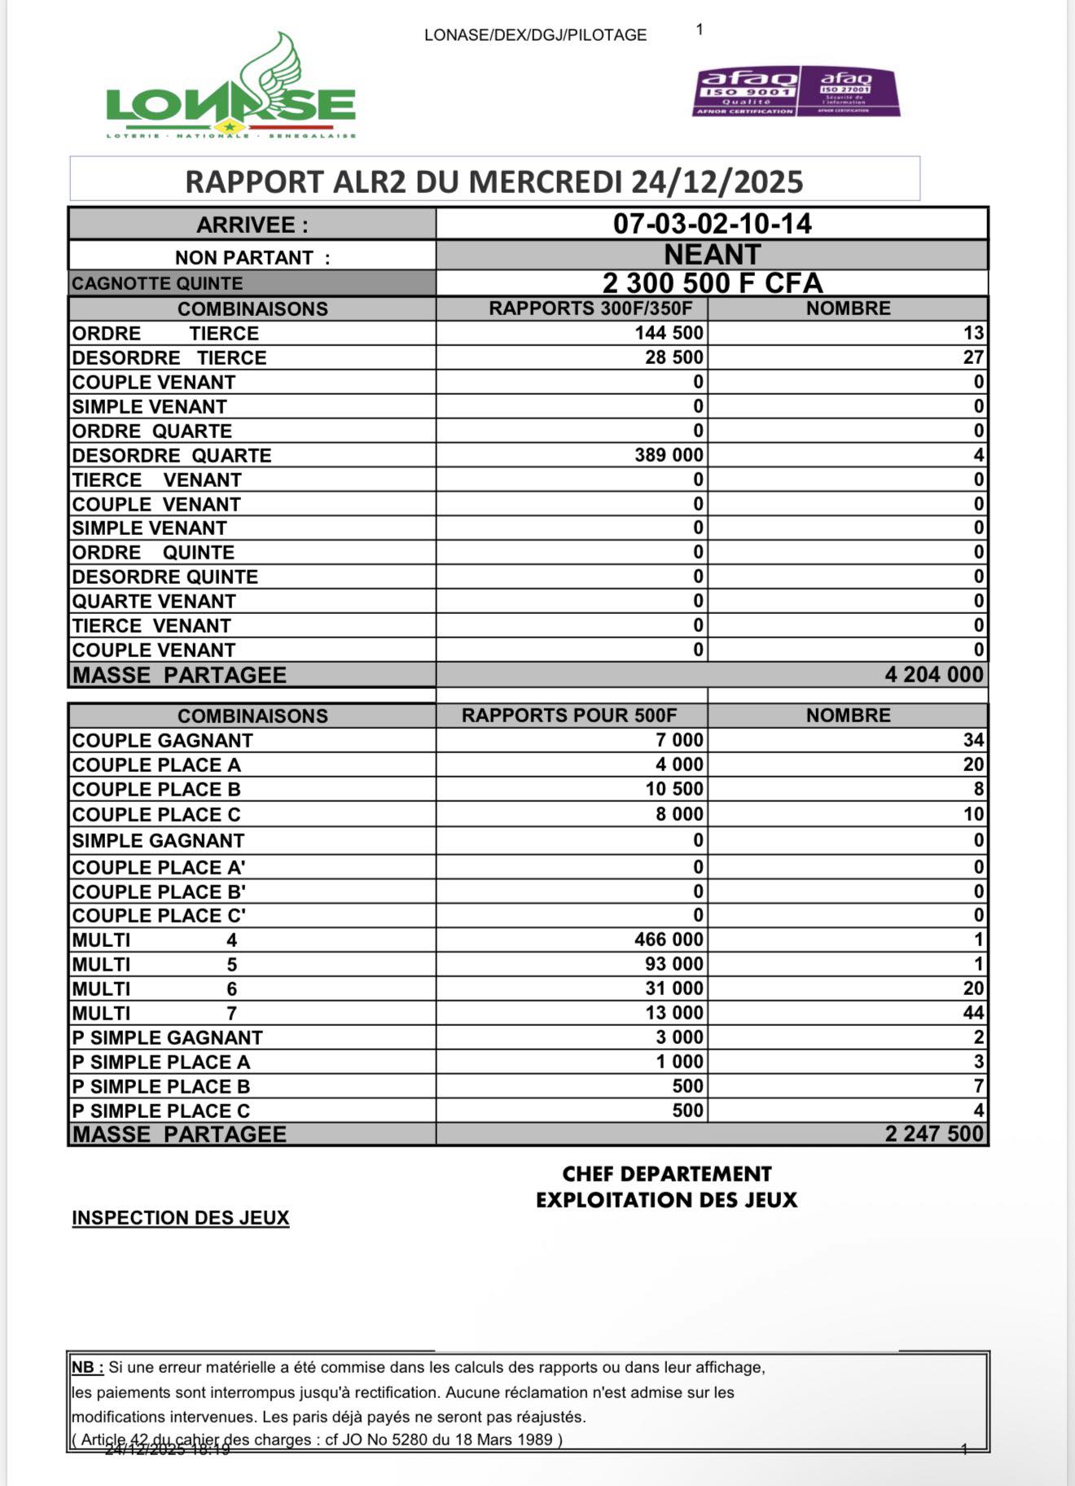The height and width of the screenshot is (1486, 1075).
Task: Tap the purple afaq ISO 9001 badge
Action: click(746, 91)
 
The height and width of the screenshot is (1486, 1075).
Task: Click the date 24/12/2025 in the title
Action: click(717, 182)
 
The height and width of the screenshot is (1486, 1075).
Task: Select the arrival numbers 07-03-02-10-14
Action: click(712, 224)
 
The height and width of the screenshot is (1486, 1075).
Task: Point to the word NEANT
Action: click(712, 255)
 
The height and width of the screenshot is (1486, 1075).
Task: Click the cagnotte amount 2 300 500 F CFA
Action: click(712, 283)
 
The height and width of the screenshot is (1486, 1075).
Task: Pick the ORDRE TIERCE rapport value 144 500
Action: click(669, 333)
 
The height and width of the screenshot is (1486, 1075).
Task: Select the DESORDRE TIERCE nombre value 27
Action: click(973, 357)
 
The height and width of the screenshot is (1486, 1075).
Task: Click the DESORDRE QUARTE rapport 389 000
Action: click(669, 455)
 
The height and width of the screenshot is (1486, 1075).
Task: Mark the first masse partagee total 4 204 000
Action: click(933, 674)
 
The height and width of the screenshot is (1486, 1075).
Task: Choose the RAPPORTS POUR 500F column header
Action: click(568, 716)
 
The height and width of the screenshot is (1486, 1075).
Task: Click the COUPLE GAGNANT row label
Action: click(162, 740)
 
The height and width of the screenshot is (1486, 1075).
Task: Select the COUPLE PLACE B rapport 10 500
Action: click(674, 789)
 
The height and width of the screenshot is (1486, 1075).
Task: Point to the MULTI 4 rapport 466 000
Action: click(669, 940)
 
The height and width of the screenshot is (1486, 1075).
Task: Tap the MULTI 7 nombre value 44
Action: click(973, 1013)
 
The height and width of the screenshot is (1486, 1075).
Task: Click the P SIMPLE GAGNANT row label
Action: click(167, 1037)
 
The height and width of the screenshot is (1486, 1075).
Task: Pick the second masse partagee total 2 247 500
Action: click(934, 1134)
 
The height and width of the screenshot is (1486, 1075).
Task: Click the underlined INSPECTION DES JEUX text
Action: click(180, 1218)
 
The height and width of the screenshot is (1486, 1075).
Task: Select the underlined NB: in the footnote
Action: click(87, 1368)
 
